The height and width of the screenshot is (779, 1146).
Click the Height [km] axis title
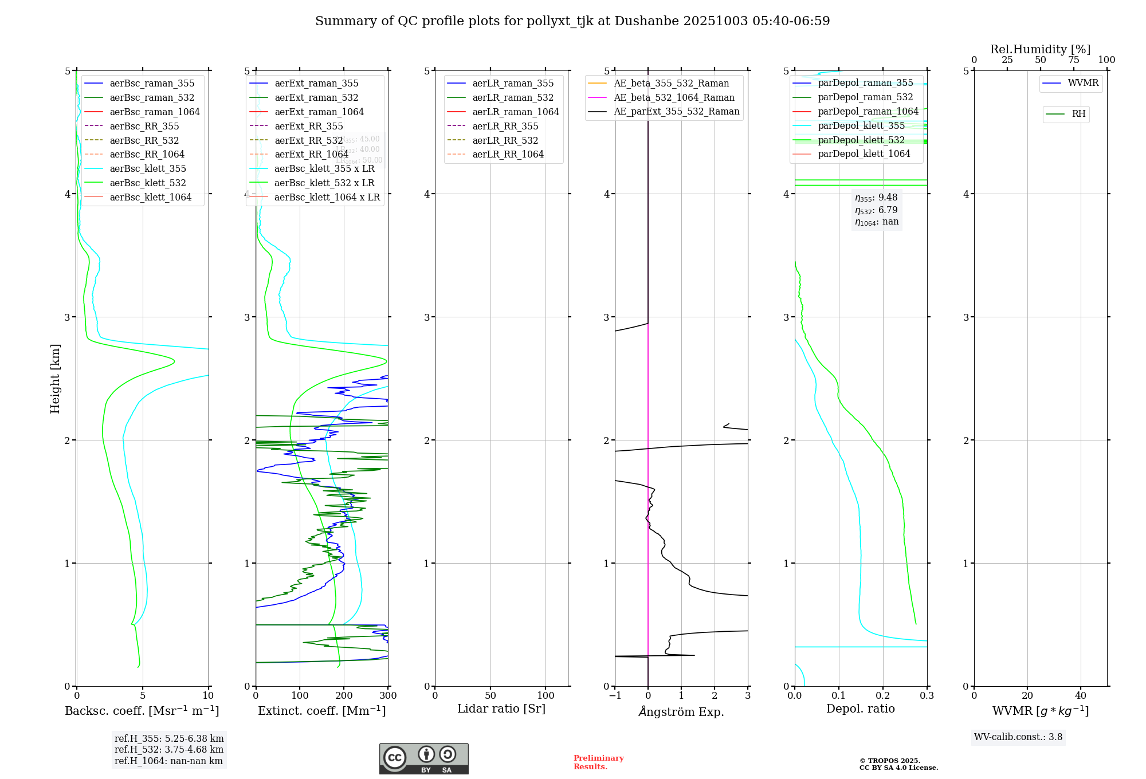click(x=55, y=379)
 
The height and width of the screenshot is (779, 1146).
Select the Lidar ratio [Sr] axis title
click(x=501, y=709)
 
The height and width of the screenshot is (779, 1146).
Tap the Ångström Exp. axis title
click(x=681, y=711)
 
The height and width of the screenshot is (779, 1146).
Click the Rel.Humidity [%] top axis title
click(x=1040, y=49)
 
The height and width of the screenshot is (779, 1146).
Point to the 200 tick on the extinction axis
click(x=344, y=696)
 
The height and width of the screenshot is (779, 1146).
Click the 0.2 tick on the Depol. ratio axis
click(x=883, y=696)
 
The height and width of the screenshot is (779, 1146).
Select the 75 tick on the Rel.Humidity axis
click(x=1074, y=60)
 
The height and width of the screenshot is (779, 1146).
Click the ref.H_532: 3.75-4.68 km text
click(x=169, y=750)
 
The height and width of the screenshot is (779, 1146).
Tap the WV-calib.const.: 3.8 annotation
click(x=1018, y=737)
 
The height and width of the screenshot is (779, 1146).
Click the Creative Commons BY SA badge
click(x=423, y=758)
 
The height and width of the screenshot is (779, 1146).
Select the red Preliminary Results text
click(x=598, y=762)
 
